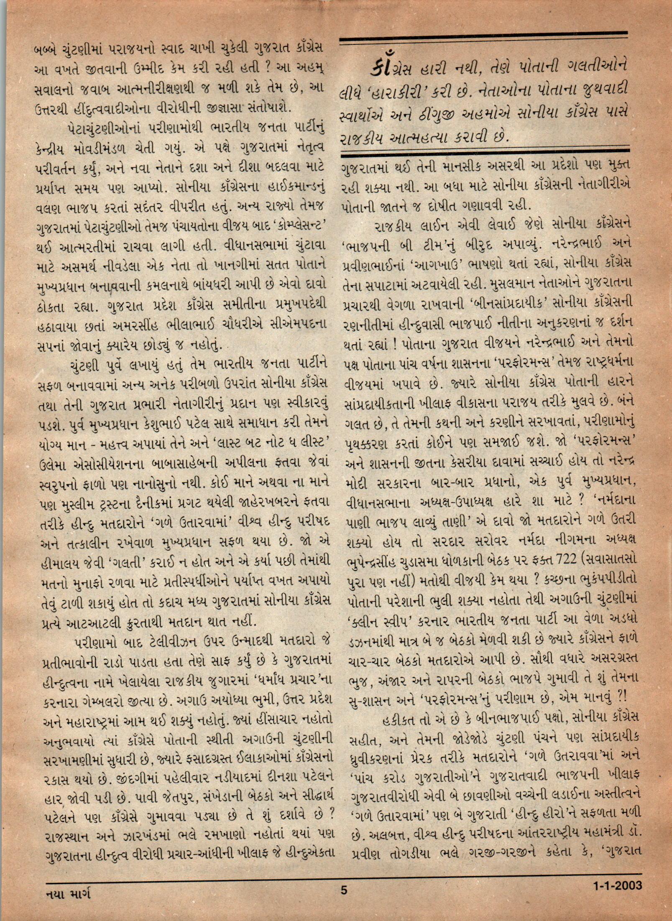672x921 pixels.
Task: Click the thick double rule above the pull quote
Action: pyautogui.click(x=484, y=41)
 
